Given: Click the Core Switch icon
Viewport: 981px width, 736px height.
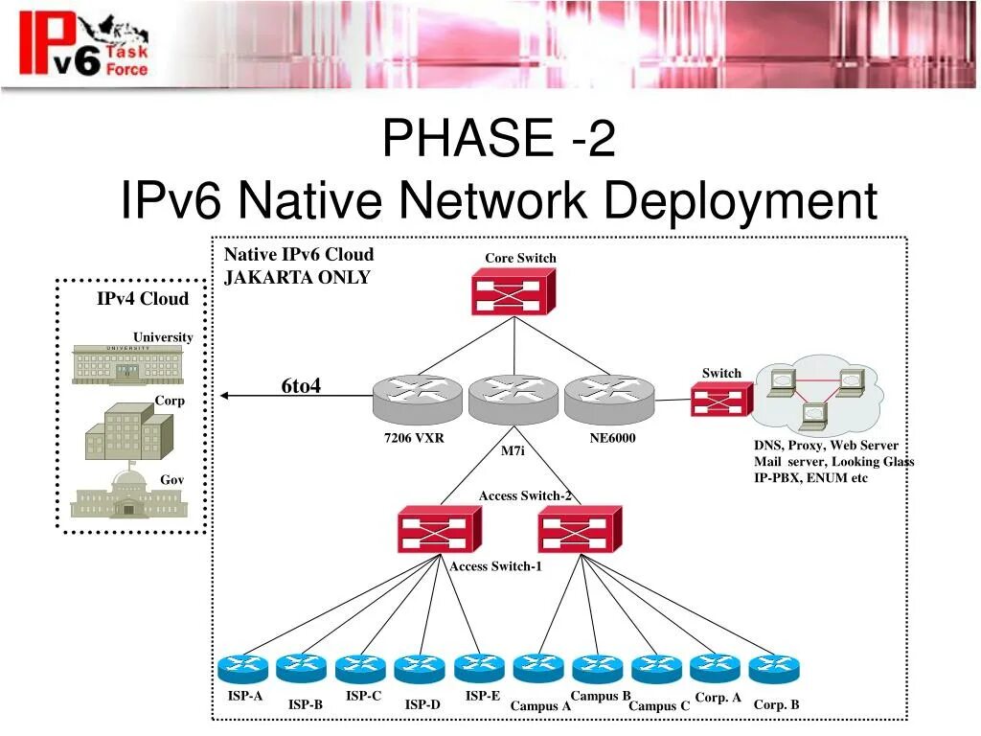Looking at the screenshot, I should click(513, 291).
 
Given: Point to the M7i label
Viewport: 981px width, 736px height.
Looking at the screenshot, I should click(513, 450).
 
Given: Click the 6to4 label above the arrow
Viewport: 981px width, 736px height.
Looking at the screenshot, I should click(301, 385).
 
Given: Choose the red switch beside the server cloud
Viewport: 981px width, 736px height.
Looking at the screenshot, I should click(720, 399).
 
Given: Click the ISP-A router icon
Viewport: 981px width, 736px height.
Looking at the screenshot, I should click(242, 668).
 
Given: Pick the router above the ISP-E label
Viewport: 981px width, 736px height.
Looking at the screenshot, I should click(479, 668).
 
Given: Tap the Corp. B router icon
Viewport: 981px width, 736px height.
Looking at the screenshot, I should click(774, 668).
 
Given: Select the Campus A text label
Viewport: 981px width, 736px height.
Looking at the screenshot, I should click(540, 706).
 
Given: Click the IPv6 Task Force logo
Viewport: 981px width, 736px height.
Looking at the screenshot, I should click(85, 44).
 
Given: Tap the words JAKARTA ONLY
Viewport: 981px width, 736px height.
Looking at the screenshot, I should click(297, 278).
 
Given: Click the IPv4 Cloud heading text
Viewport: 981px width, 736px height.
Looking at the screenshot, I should click(143, 299).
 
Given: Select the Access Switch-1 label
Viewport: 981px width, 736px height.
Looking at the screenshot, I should click(495, 566).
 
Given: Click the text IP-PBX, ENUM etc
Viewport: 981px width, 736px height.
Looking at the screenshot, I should click(810, 477).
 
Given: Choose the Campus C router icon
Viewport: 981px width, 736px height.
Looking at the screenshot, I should click(656, 668).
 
